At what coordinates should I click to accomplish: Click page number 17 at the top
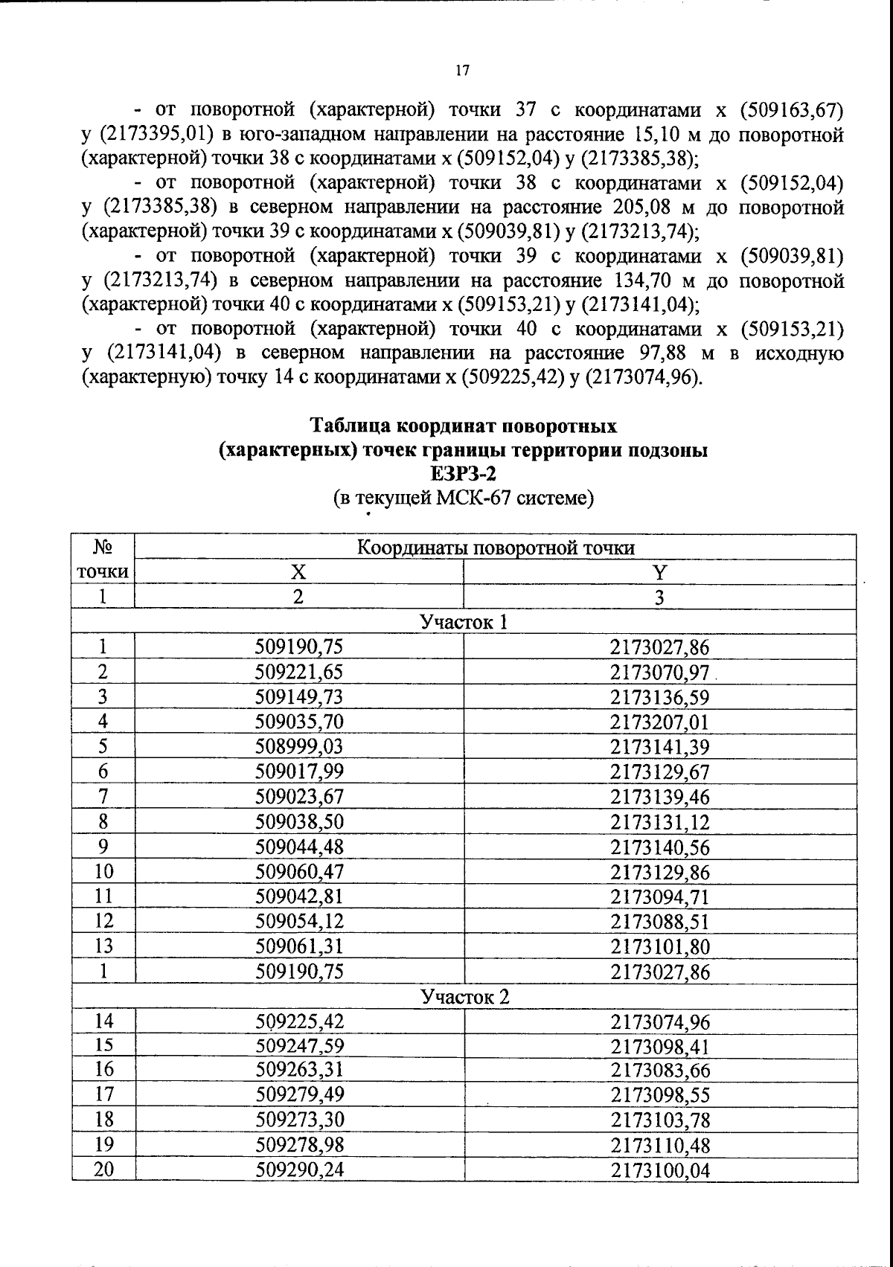point(461,71)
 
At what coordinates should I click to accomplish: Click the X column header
point(298,571)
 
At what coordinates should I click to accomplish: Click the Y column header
point(659,571)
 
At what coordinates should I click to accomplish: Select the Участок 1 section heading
point(464,621)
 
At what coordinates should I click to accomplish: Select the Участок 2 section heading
point(464,996)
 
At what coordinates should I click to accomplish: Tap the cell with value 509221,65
point(299,672)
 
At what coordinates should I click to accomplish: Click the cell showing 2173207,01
point(660,722)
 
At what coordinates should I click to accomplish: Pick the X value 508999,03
point(299,746)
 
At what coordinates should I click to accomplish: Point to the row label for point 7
point(103,796)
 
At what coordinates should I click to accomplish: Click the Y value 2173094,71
point(660,896)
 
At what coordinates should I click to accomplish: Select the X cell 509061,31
point(299,946)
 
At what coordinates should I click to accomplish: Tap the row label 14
point(103,1021)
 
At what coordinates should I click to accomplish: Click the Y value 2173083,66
point(660,1071)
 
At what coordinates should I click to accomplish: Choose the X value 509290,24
point(299,1170)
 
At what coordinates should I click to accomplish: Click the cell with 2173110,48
point(660,1145)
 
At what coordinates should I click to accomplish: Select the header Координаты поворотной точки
point(496,548)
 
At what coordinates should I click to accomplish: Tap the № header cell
point(103,548)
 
